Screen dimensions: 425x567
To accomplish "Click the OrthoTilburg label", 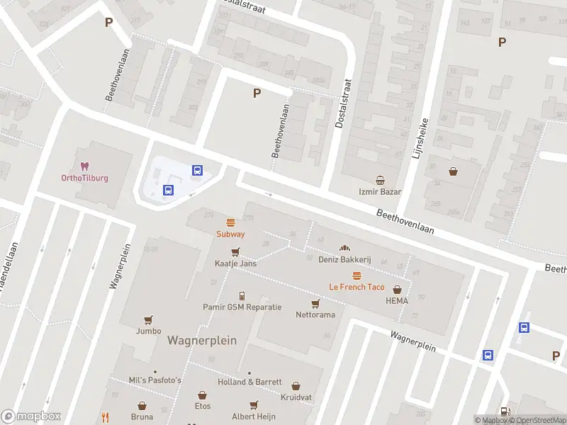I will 84,178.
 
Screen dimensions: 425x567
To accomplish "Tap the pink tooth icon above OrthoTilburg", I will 84,166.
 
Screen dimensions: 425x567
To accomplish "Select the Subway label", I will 230,234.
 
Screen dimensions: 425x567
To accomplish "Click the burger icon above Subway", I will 230,222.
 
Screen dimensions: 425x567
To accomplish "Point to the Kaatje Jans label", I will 235,263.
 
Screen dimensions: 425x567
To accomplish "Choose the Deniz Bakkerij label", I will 345,260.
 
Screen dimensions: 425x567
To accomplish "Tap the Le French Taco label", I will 357,287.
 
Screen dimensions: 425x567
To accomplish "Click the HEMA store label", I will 397,301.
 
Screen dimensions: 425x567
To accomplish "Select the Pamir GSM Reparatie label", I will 242,307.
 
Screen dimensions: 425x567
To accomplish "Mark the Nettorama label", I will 315,314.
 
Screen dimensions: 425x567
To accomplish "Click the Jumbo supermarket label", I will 148,331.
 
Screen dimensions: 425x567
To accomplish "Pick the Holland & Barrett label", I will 249,382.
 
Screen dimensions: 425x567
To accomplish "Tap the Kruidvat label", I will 296,397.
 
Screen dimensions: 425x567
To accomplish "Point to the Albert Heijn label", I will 253,416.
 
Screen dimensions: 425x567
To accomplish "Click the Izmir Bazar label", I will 380,192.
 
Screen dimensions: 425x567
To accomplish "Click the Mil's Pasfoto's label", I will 155,380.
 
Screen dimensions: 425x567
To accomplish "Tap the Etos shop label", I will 203,406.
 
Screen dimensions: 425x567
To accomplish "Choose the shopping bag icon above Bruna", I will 142,407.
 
